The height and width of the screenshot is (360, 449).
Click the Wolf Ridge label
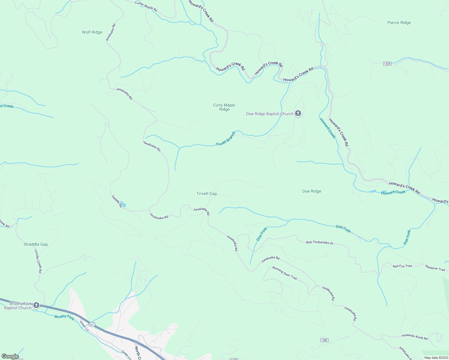92,32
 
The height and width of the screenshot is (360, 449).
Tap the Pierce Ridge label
399,23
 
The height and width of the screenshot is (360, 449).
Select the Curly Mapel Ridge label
224,107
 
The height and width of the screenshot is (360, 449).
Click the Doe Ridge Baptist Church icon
298,113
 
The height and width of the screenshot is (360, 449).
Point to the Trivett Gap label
207,194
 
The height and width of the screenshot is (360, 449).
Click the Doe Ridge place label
312,191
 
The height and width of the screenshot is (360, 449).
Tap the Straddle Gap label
36,244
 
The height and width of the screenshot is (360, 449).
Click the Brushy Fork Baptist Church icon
36,305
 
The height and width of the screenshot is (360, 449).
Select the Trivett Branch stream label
226,139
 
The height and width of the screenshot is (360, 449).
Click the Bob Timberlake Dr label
320,242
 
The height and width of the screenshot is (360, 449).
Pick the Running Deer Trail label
285,273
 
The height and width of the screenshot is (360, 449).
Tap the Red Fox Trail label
402,266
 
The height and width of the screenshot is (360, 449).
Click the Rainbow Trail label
435,268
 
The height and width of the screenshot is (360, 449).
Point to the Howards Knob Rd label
414,337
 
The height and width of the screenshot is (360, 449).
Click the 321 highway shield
92,325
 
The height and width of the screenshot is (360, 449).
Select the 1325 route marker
387,64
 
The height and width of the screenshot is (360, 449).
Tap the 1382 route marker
324,340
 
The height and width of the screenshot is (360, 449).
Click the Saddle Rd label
116,201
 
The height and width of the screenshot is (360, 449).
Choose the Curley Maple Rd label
146,6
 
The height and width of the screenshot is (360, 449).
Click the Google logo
10,356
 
